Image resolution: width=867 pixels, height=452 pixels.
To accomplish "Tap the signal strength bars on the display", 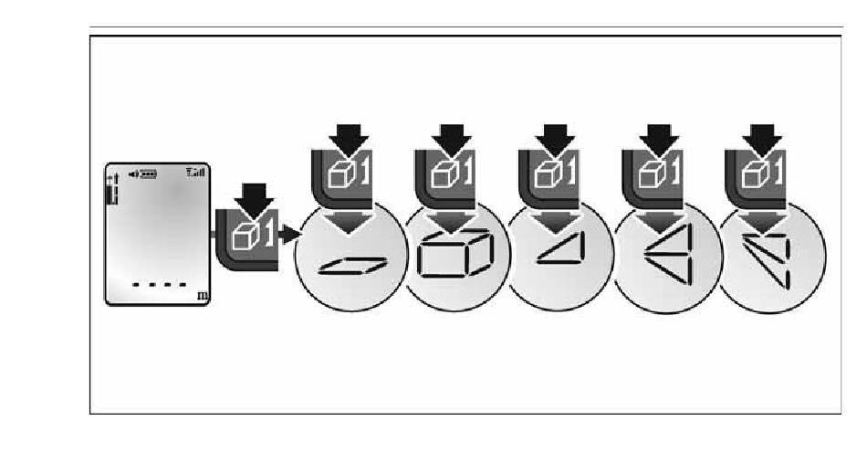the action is click(x=194, y=172).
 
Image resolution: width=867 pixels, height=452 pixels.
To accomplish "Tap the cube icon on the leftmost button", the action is click(x=245, y=234).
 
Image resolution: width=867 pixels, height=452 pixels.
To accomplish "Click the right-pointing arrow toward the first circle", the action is click(x=290, y=235).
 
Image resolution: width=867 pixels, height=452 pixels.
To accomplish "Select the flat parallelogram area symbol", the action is click(x=352, y=265).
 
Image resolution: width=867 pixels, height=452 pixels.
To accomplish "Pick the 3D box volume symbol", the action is click(x=454, y=258).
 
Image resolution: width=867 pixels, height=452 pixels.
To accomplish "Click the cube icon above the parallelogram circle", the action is click(x=340, y=173).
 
